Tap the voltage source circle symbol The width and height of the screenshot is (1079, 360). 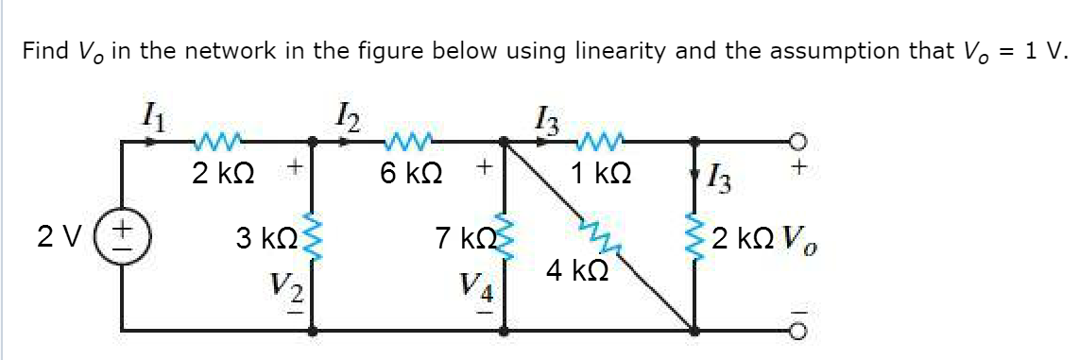[x=124, y=235]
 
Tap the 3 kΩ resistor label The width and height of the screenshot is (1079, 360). [x=265, y=235]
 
